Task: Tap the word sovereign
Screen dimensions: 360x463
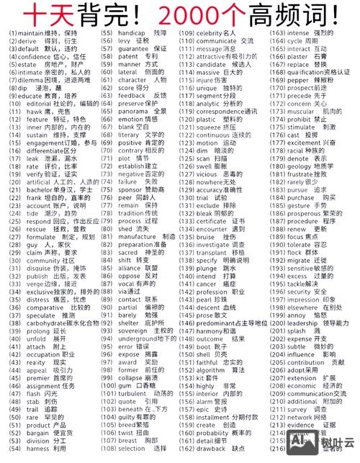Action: pos(135,310)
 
